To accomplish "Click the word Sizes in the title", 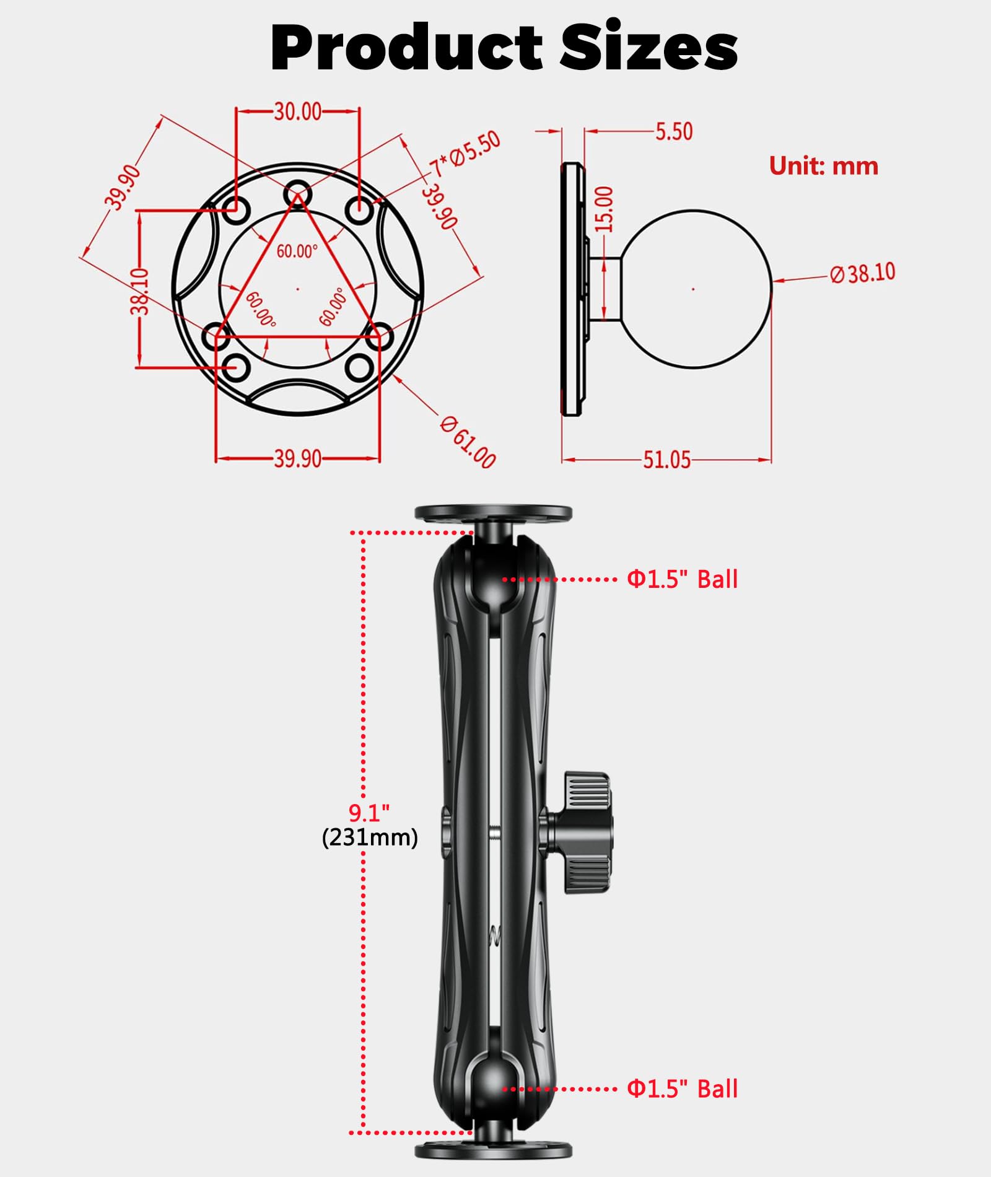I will [x=648, y=48].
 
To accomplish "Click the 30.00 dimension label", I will [x=298, y=112].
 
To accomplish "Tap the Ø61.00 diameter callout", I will [x=468, y=442].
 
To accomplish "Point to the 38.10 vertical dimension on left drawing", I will [x=141, y=291].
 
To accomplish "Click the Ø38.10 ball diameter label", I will [x=863, y=273].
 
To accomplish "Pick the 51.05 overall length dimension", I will [x=666, y=460].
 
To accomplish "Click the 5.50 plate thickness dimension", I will [x=674, y=131].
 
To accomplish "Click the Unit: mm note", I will [x=823, y=166].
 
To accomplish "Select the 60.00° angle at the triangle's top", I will [x=297, y=251].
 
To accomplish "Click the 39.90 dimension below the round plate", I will [x=298, y=459].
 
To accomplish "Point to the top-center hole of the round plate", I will [x=298, y=193].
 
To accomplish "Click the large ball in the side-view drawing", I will [x=695, y=289].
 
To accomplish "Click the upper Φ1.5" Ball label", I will [x=682, y=579].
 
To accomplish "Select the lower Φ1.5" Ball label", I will [x=682, y=1088].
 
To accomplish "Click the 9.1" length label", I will [x=369, y=812].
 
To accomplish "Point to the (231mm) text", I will [x=370, y=838].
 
